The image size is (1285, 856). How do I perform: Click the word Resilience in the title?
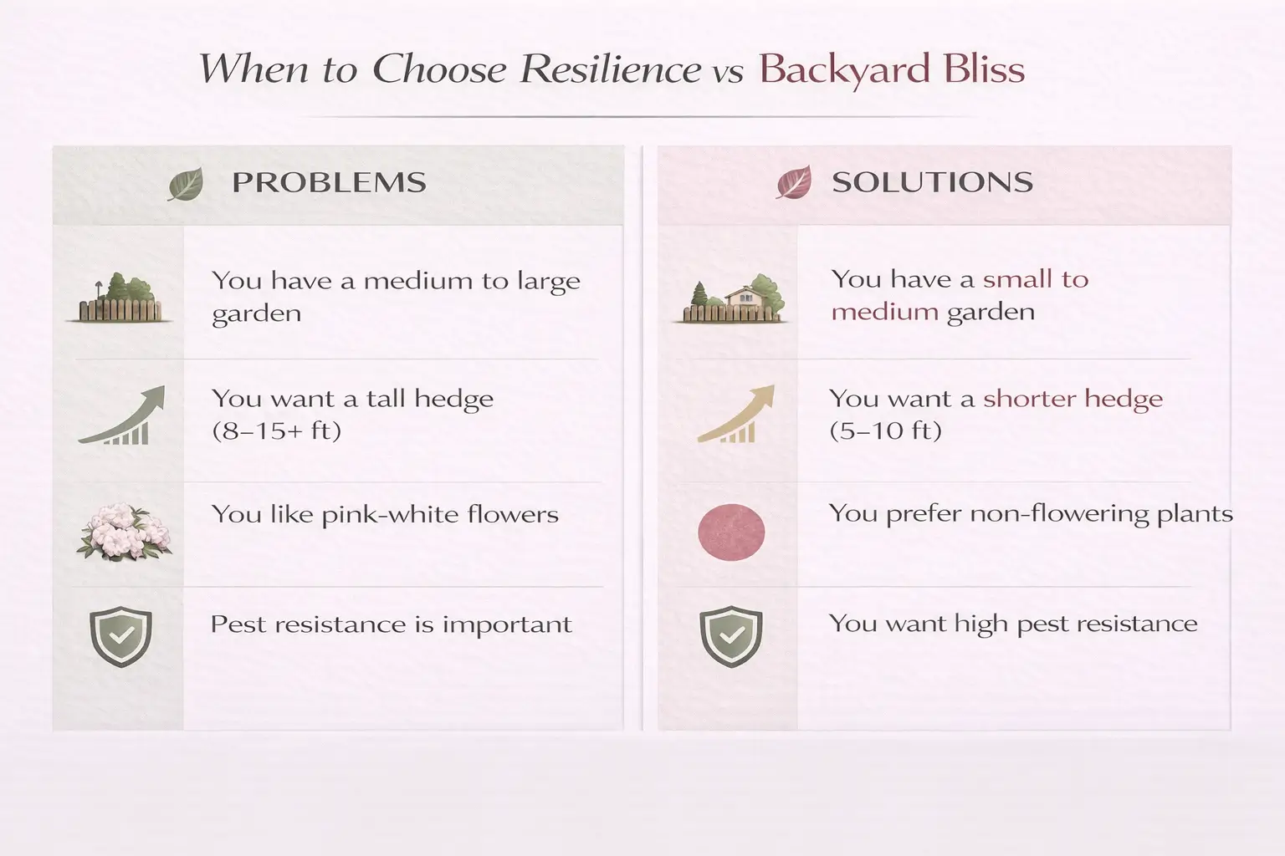click(x=610, y=69)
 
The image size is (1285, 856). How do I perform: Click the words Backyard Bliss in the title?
click(x=892, y=69)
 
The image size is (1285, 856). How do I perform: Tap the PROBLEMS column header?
click(x=329, y=183)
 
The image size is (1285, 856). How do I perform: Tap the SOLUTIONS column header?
click(x=932, y=182)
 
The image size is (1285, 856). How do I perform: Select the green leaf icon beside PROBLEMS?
click(x=185, y=184)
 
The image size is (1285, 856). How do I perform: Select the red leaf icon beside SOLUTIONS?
click(x=793, y=182)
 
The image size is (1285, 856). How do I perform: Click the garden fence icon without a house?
click(x=120, y=299)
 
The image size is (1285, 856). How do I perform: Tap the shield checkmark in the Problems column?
click(x=120, y=636)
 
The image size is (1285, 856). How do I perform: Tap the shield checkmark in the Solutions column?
click(x=731, y=636)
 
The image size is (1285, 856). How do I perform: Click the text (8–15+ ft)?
click(x=276, y=431)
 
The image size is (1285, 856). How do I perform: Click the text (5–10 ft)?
click(x=885, y=431)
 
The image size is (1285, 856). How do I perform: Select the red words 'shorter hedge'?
click(x=1073, y=399)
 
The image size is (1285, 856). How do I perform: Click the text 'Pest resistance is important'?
click(x=391, y=624)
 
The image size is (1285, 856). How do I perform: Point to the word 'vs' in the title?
click(x=728, y=73)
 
